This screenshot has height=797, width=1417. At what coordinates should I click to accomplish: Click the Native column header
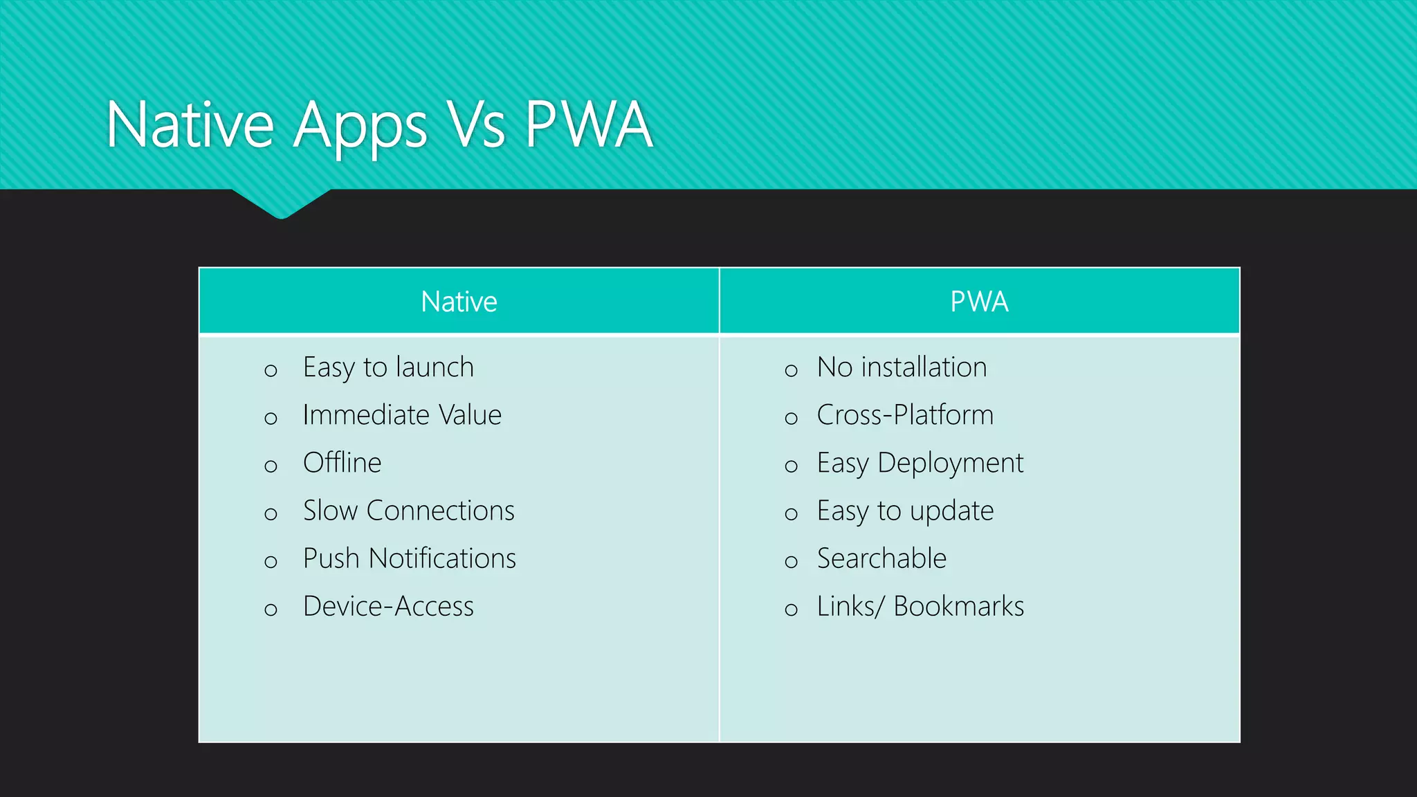pyautogui.click(x=459, y=302)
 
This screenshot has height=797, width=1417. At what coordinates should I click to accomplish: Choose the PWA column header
pyautogui.click(x=979, y=302)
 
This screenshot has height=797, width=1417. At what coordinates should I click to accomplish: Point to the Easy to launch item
pyautogui.click(x=388, y=367)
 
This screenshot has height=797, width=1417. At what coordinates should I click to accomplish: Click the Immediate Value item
pyautogui.click(x=402, y=415)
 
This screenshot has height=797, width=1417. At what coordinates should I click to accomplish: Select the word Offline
pyautogui.click(x=342, y=463)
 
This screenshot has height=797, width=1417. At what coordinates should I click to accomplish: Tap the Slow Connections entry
pyautogui.click(x=408, y=511)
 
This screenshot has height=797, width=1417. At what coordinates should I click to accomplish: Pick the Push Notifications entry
pyautogui.click(x=409, y=558)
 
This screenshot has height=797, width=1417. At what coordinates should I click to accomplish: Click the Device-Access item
pyautogui.click(x=388, y=607)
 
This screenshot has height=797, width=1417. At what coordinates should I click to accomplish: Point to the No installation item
pyautogui.click(x=902, y=367)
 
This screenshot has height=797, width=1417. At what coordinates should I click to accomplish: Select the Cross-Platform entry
pyautogui.click(x=905, y=415)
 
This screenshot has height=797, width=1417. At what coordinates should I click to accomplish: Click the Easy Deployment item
pyautogui.click(x=920, y=463)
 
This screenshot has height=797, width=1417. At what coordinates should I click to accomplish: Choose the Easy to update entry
pyautogui.click(x=905, y=511)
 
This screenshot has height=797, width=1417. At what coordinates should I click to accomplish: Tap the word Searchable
pyautogui.click(x=881, y=558)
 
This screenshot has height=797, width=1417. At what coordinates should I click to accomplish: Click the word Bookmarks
pyautogui.click(x=958, y=607)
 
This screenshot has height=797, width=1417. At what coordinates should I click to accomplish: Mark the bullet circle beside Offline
pyautogui.click(x=271, y=466)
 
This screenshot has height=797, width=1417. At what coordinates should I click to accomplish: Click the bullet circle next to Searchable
pyautogui.click(x=792, y=562)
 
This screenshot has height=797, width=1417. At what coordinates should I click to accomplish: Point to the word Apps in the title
pyautogui.click(x=360, y=127)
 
